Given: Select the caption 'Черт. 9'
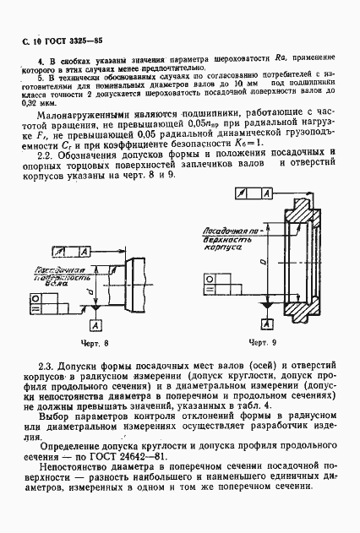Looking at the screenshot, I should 264,343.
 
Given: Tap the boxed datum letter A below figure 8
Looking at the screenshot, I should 93,324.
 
